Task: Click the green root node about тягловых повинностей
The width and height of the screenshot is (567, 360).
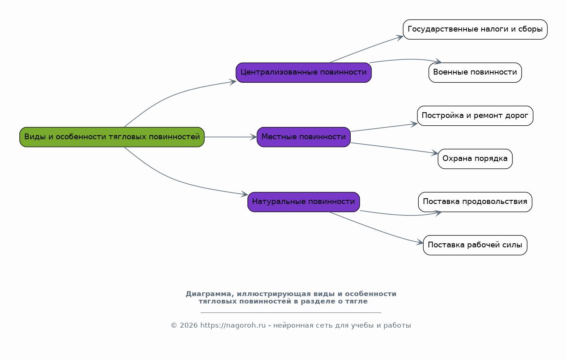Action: tap(112, 137)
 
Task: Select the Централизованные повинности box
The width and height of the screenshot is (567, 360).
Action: tap(304, 72)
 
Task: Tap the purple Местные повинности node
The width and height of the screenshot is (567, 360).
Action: tap(304, 137)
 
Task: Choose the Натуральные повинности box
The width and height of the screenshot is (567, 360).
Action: tap(304, 202)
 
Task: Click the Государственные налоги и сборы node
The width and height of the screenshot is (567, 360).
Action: tap(475, 29)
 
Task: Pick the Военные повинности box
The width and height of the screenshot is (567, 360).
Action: tap(475, 72)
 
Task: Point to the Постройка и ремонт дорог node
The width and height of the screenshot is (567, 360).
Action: tap(475, 116)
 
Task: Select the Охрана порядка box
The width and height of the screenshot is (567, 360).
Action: tap(475, 159)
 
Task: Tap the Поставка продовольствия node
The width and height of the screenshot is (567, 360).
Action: tap(475, 202)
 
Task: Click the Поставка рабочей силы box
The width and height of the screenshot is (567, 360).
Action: tap(475, 245)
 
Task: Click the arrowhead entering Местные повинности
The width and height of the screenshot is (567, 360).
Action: tap(254, 137)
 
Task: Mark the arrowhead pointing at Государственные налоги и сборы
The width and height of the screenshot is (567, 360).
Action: tap(400, 38)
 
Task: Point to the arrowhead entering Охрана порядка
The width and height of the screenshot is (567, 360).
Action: tap(435, 153)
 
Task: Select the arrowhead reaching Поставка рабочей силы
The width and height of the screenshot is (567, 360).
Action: tap(420, 242)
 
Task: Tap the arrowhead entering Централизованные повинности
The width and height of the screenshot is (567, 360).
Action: tap(233, 82)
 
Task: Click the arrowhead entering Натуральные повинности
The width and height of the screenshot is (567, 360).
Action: tap(245, 194)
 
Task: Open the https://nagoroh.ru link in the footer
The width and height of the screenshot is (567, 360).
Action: tap(233, 325)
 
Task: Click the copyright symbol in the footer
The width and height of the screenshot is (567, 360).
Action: tap(174, 326)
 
